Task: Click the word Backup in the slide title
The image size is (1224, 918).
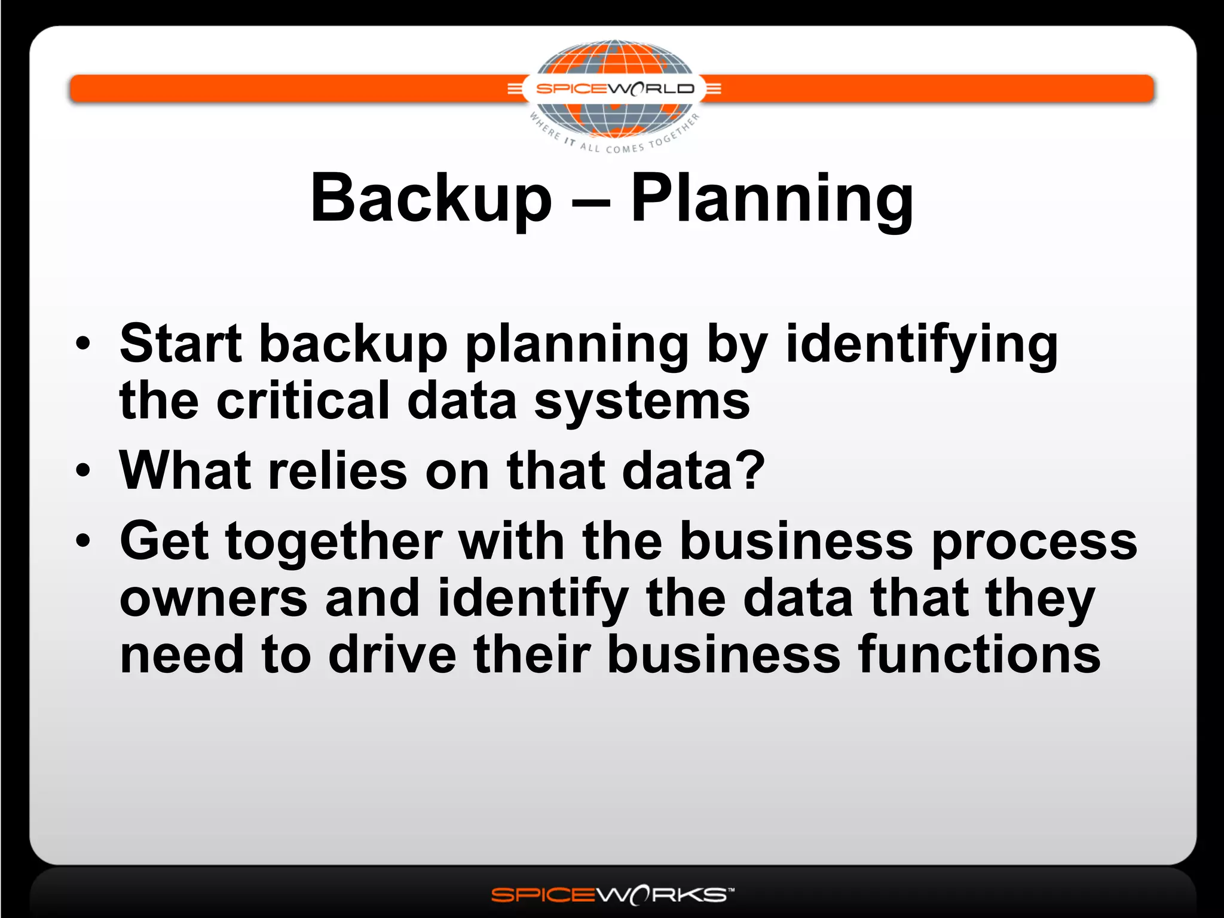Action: [430, 198]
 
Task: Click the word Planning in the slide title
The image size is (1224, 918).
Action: [772, 200]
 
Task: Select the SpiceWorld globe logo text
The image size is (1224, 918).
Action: [614, 89]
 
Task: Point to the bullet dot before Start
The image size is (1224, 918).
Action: [83, 344]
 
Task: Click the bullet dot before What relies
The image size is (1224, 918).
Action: [83, 470]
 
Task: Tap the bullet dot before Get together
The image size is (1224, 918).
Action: [83, 541]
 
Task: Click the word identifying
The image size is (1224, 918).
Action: [921, 345]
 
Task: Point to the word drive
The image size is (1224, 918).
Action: [392, 654]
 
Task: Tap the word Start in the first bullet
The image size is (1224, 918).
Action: [180, 344]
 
